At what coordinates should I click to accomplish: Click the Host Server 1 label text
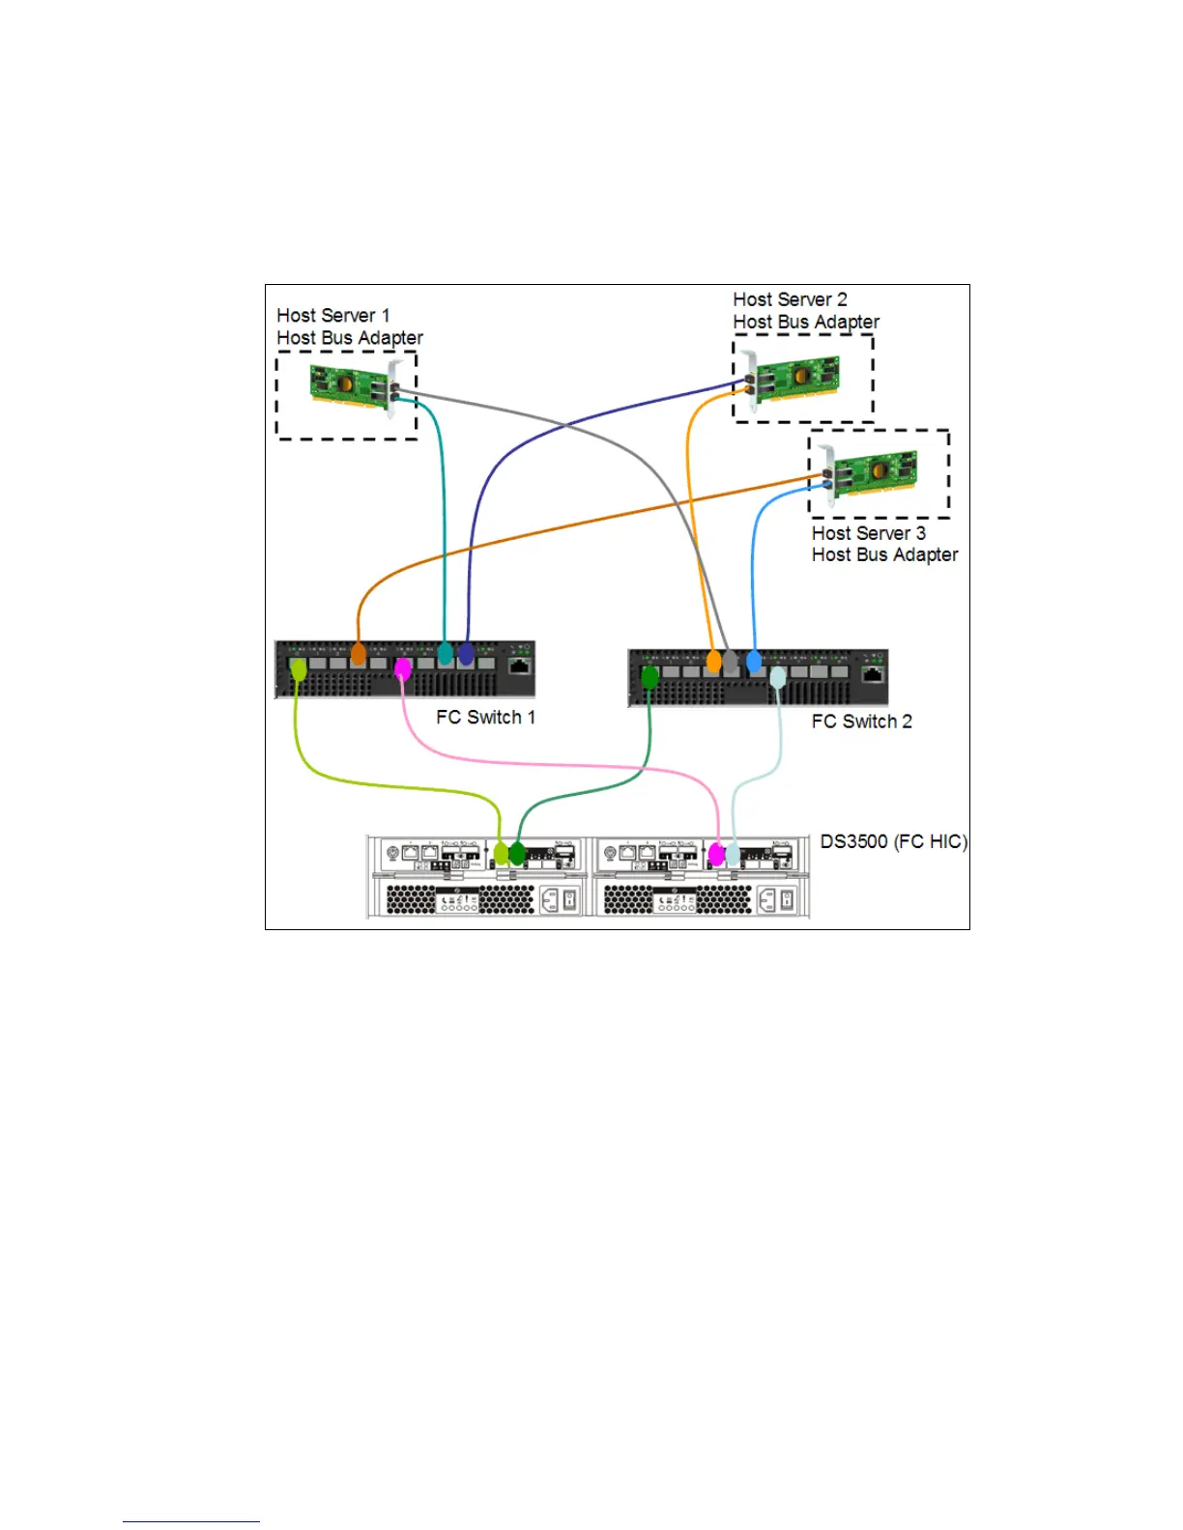coord(333,316)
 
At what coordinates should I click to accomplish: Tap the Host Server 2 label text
coord(790,299)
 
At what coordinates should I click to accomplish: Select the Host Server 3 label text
coord(868,533)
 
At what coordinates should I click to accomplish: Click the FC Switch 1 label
coord(485,717)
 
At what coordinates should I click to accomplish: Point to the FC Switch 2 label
coord(861,722)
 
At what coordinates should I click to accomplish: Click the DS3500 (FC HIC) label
coord(893,841)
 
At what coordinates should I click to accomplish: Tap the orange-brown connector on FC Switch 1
coord(358,654)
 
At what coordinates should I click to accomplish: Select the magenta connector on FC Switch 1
coord(403,666)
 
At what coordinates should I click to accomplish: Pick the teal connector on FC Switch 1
coord(445,654)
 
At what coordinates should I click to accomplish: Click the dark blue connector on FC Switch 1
coord(466,654)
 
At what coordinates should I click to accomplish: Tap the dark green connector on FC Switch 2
coord(649,677)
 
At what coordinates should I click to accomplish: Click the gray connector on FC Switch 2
coord(731,663)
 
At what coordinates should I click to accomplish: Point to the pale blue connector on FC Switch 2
coord(778,677)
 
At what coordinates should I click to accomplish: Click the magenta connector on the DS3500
coord(716,854)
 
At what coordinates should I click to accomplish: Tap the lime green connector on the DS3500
coord(501,854)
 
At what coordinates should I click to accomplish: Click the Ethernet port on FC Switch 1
coord(520,665)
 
